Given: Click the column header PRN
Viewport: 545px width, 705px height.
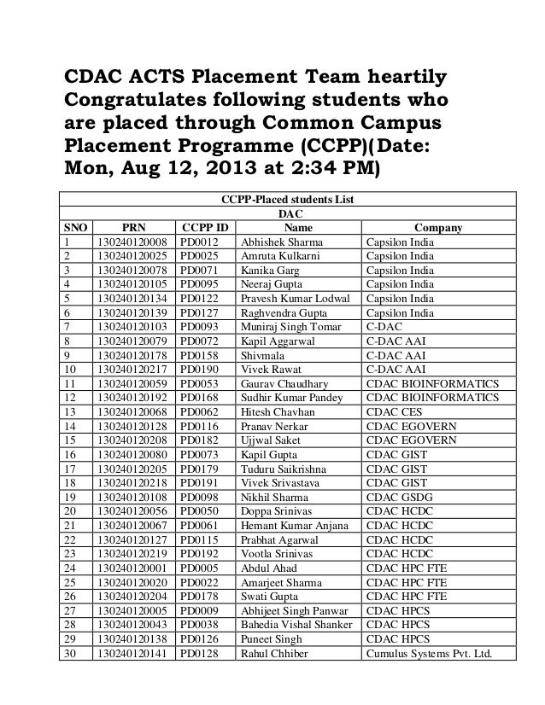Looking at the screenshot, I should pos(134,228).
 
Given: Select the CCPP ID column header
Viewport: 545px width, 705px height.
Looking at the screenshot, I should pos(205,228).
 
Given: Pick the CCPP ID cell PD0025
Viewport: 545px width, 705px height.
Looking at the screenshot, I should pos(199,256).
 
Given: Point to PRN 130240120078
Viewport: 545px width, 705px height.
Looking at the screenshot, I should pos(132,271).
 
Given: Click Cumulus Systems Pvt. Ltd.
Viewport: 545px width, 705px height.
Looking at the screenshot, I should pos(430,655).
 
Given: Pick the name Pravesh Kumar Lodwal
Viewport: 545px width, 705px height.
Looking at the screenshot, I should pos(296,299).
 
